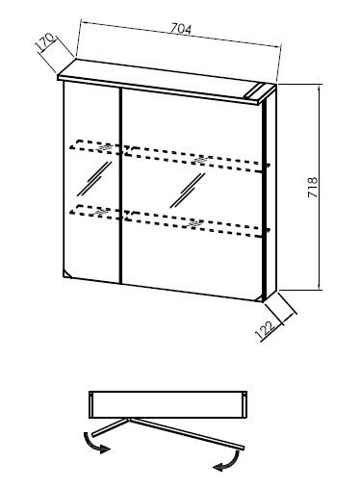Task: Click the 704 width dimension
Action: point(181,29)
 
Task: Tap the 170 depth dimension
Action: point(45,42)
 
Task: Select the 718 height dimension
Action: point(313,187)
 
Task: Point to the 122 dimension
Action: point(266,331)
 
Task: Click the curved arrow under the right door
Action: point(228,461)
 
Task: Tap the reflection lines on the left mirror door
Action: point(93,178)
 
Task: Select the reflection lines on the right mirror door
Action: point(188,190)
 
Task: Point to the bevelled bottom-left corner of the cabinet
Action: point(66,274)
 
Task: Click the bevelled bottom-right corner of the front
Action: point(259,299)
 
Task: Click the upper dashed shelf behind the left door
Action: point(95,147)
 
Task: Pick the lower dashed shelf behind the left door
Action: point(95,212)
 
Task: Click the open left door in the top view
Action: point(111,426)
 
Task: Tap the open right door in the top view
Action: point(187,434)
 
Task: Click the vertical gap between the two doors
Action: point(120,186)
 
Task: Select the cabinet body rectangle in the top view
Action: point(167,404)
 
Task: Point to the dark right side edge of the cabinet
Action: point(265,199)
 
